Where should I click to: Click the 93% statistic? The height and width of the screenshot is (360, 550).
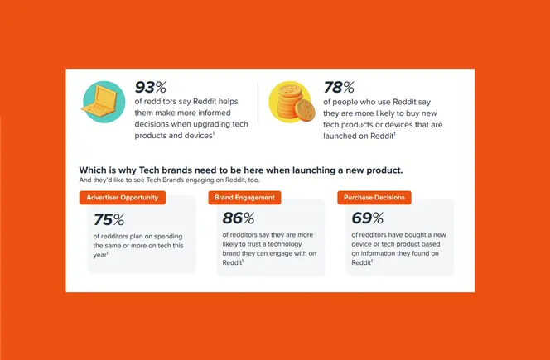(151, 87)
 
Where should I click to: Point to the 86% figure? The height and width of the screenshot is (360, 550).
(239, 218)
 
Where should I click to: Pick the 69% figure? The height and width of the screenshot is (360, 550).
(367, 218)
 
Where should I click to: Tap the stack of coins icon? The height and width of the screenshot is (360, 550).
(290, 103)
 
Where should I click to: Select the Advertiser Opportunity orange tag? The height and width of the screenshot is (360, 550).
(122, 198)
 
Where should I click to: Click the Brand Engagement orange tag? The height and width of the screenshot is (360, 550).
(244, 198)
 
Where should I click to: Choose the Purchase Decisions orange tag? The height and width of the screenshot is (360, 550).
(374, 198)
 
